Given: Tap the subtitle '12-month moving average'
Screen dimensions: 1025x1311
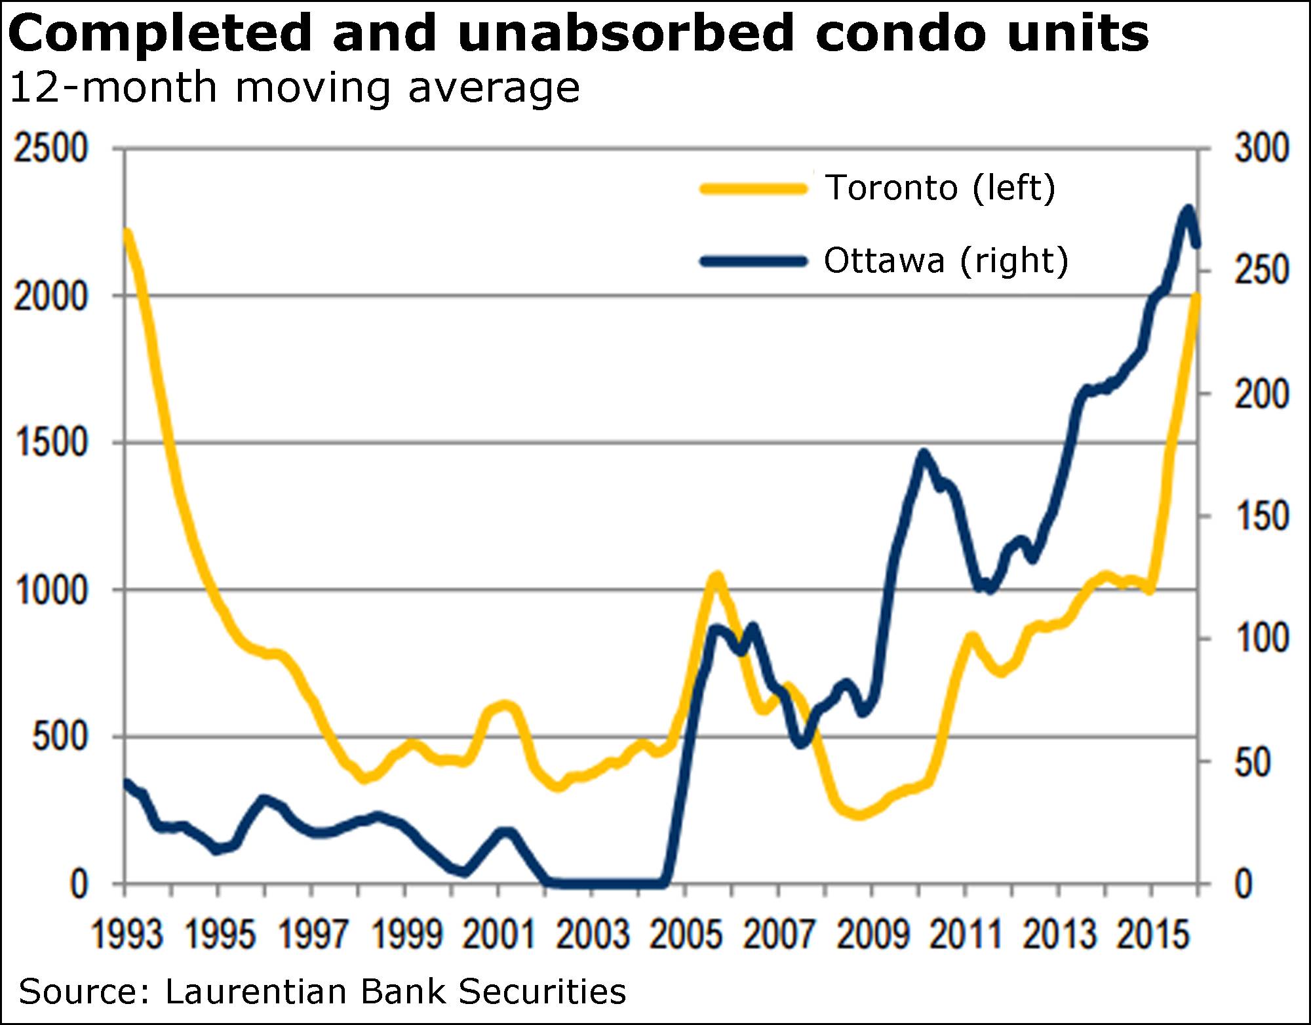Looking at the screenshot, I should coord(295,88).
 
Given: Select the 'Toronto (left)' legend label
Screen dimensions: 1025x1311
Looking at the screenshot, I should coord(940,188).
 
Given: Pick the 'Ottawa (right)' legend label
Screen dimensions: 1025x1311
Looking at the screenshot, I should coord(946,261).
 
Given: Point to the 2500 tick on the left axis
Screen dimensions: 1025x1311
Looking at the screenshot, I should coord(50,149).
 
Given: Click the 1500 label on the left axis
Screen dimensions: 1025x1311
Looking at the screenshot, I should coord(50,443).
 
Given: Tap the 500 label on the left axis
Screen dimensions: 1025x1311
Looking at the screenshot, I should coord(59,737).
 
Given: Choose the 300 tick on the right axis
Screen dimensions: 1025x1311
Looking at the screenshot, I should coord(1262,149).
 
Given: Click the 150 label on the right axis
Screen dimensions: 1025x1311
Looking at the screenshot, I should coord(1262,517).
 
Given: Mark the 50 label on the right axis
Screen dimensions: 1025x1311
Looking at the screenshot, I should coord(1253,762).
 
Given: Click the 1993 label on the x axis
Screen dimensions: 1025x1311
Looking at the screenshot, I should coord(126,934).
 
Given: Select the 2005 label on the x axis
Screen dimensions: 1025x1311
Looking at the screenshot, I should coord(686,934).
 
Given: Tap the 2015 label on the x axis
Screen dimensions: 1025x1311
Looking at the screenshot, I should coord(1152,934).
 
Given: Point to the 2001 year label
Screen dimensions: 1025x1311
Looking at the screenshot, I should coord(499,934).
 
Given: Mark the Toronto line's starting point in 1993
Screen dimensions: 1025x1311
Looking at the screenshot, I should coord(127,233).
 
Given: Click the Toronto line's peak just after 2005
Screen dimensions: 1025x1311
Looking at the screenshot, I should coord(716,577).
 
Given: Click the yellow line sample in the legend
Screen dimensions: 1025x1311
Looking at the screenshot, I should coord(754,189).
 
